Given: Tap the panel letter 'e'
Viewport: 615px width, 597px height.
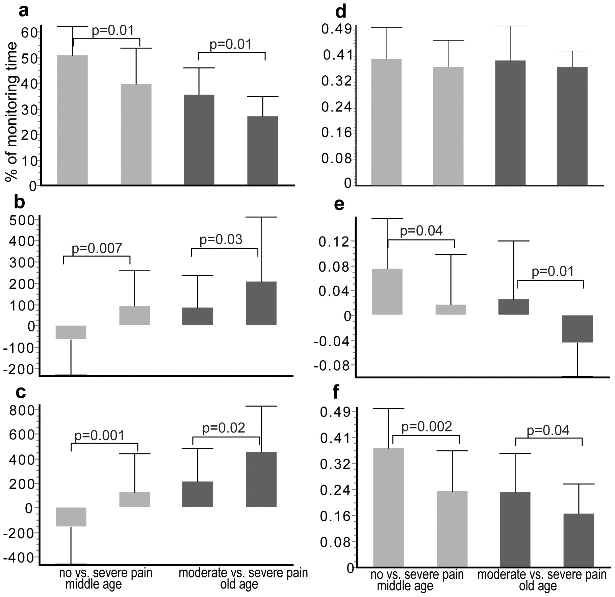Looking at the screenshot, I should click(339, 204).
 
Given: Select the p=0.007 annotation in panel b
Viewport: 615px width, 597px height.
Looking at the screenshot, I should click(97, 249).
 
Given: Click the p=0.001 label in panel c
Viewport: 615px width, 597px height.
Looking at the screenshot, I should click(99, 436).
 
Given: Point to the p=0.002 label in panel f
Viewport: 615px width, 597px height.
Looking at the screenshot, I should click(427, 427).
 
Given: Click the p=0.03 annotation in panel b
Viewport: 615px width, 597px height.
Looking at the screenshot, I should click(221, 240).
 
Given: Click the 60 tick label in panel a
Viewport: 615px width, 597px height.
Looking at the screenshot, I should click(29, 33).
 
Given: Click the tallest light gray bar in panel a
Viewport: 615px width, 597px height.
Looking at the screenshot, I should click(72, 120).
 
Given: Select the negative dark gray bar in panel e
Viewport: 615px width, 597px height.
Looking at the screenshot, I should click(577, 329).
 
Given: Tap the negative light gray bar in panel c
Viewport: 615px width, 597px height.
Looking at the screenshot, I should click(71, 517).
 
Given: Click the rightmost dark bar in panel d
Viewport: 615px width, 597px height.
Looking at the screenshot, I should click(572, 126).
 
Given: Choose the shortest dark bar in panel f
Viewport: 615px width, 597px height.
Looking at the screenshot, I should click(579, 540).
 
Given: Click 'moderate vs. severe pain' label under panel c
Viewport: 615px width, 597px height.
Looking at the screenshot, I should click(243, 573).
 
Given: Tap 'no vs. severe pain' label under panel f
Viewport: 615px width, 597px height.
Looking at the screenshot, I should click(417, 574).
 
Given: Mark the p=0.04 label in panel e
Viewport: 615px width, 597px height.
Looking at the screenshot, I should click(421, 231).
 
